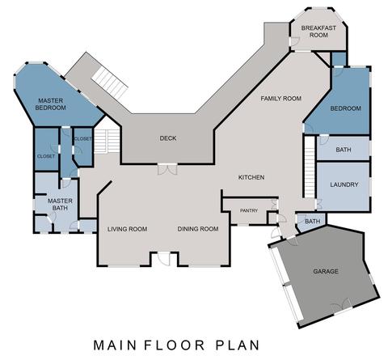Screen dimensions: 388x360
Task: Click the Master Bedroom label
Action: [51, 104]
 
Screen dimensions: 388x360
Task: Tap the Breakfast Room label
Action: [318, 32]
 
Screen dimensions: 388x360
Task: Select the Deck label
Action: [168, 138]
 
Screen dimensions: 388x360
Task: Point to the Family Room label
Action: [280, 99]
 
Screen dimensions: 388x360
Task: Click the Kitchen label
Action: [251, 177]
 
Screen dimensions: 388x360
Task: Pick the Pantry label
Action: [249, 210]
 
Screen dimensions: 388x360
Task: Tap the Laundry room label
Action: [344, 184]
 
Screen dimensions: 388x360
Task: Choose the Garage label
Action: [326, 271]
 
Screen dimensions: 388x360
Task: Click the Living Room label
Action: [127, 229]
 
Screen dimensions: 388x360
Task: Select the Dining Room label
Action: [198, 229]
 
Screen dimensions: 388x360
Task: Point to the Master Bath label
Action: [60, 205]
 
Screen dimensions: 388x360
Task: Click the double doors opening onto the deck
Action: [167, 169]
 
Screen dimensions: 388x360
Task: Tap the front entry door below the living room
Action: [164, 258]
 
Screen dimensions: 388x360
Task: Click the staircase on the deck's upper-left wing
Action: [109, 83]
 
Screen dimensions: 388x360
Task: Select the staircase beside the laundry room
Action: [310, 167]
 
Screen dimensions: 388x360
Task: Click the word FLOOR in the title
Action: [175, 345]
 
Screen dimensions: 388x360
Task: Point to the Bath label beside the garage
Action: [313, 222]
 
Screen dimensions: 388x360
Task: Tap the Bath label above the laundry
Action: [344, 150]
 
